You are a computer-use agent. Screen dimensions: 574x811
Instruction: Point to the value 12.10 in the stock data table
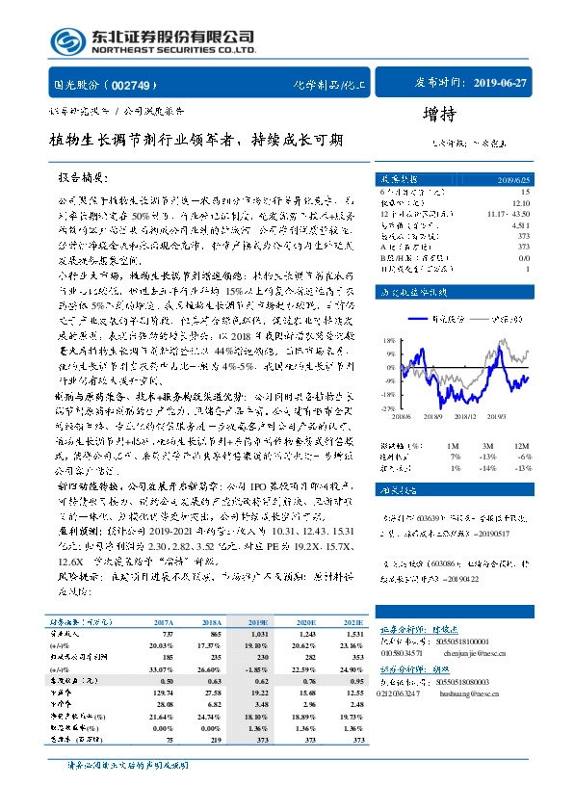pos(521,202)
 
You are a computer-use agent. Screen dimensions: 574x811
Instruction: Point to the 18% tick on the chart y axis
pos(389,340)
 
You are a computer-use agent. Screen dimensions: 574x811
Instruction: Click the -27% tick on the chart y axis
pos(388,408)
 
